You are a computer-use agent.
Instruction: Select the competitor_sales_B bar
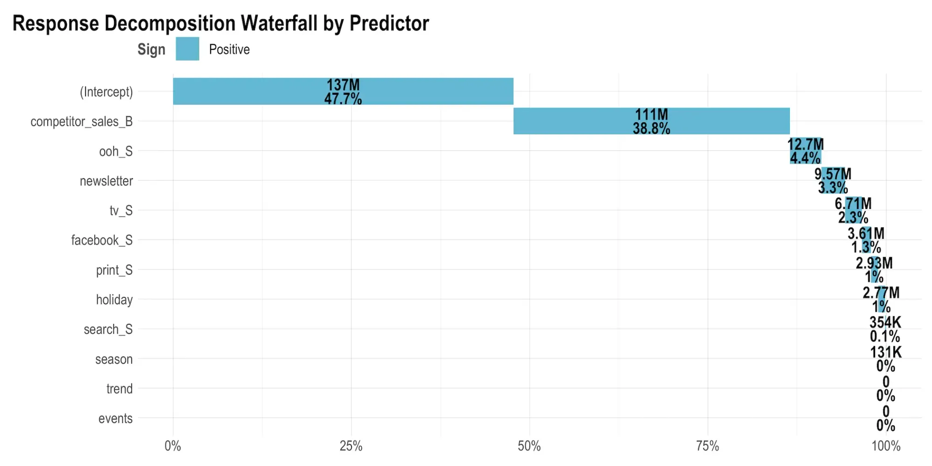tap(582, 121)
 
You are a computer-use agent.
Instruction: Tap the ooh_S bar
tap(805, 151)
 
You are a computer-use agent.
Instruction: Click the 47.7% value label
tap(343, 99)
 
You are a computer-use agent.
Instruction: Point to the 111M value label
tap(651, 114)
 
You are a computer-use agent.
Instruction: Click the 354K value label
tap(885, 322)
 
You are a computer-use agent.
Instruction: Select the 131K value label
tap(885, 352)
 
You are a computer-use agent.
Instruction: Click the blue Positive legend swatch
tap(187, 49)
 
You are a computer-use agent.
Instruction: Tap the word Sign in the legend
tap(151, 49)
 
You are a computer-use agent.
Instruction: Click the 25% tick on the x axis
tap(351, 446)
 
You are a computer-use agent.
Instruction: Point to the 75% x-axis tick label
tap(707, 446)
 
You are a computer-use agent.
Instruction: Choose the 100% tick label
tap(886, 446)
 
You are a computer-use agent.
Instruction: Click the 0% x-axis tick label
tap(173, 446)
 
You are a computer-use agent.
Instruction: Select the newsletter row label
tap(106, 181)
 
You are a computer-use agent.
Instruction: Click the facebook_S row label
tap(102, 240)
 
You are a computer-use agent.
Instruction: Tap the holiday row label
tap(114, 299)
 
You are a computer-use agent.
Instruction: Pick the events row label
tap(115, 418)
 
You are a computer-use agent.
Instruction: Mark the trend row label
tap(119, 389)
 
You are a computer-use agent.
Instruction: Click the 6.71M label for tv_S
tap(853, 203)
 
